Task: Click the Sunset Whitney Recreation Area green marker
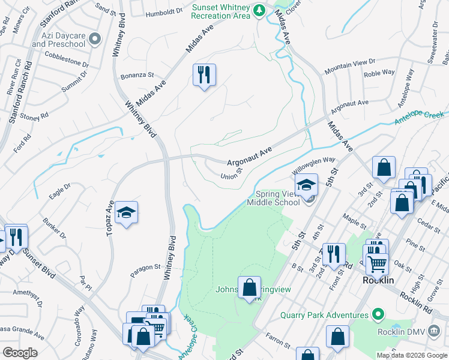tap(259, 10)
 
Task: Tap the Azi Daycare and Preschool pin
tap(94, 40)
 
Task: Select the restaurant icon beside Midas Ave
tap(204, 75)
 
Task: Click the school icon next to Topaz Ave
tap(126, 212)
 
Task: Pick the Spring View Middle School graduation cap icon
tap(306, 185)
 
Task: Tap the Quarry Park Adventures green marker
tap(378, 314)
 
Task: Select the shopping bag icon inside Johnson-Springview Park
tap(249, 287)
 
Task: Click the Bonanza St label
tap(137, 75)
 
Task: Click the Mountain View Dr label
tap(349, 66)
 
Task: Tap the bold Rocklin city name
tap(378, 280)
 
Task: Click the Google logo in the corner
tap(20, 352)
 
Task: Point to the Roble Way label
tap(379, 73)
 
